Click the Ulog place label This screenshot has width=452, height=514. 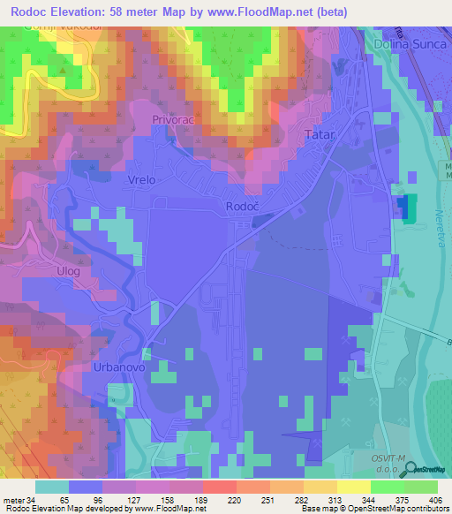pos(69,271)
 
